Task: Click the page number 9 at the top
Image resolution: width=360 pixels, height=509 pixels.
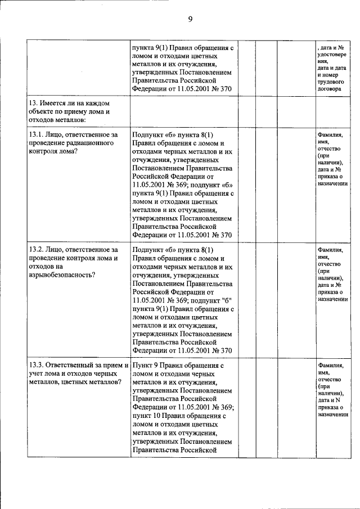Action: tap(190, 19)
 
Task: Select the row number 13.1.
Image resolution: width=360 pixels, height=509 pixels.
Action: tap(37, 135)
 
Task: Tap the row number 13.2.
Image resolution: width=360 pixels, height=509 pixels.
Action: tap(37, 249)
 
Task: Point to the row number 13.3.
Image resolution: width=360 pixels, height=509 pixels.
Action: tap(37, 365)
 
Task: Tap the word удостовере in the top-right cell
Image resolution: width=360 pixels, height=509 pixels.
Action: tap(332, 55)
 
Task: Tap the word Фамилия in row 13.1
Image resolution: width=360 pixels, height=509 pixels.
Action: tap(330, 135)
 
